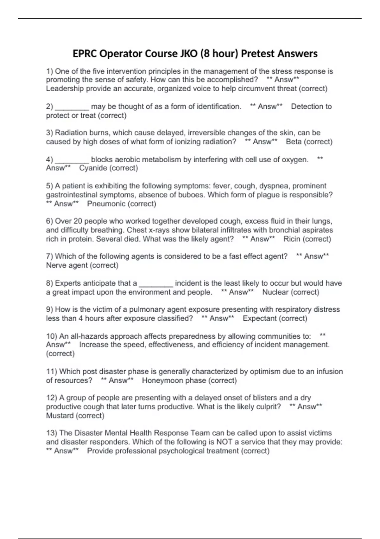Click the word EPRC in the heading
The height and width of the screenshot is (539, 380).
[85, 54]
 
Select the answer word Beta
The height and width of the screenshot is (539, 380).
[294, 142]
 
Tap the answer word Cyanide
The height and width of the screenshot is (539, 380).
[93, 168]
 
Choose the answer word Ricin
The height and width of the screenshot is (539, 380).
[292, 239]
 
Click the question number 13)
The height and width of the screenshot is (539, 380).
[52, 433]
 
